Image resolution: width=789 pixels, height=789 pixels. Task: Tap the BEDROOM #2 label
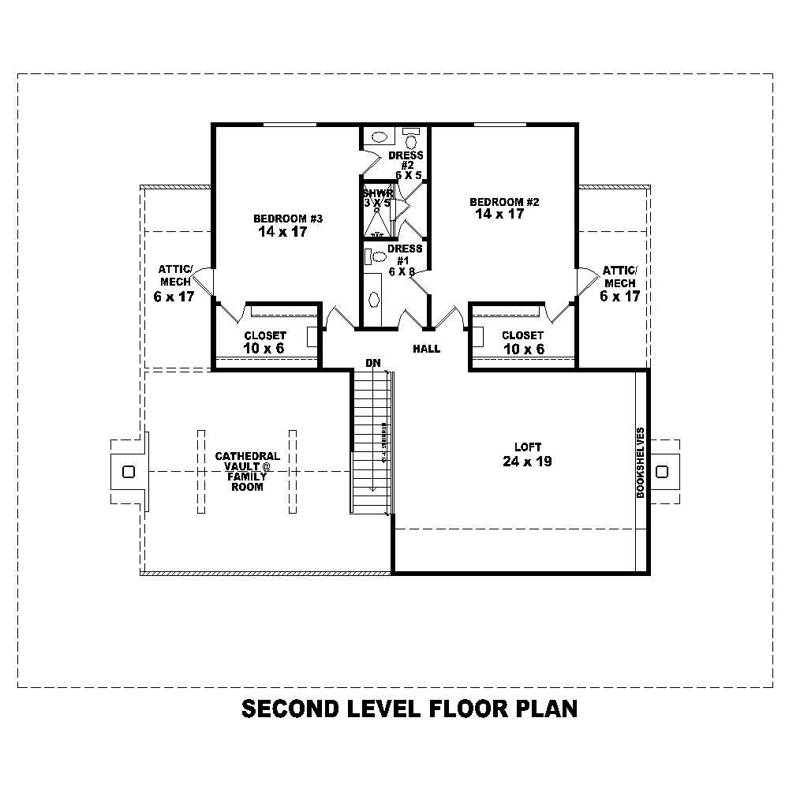click(x=503, y=202)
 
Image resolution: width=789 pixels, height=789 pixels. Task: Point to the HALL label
click(x=427, y=349)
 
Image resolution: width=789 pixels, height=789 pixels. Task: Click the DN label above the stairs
click(x=373, y=363)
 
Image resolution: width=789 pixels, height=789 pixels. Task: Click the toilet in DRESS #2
click(x=410, y=141)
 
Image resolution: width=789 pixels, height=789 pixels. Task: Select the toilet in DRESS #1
click(x=378, y=256)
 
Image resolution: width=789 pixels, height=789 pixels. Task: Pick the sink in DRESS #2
click(x=377, y=136)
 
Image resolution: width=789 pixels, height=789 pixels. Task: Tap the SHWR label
click(x=376, y=193)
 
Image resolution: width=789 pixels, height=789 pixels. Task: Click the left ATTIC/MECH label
click(x=174, y=276)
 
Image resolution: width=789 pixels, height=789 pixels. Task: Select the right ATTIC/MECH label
click(x=619, y=276)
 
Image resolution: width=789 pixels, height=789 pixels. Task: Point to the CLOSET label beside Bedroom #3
click(x=265, y=335)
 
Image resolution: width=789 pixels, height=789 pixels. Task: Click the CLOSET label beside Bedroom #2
click(x=522, y=335)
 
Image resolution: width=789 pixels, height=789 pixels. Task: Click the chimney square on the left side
click(x=128, y=472)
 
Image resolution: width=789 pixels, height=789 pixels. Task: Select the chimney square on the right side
click(x=661, y=472)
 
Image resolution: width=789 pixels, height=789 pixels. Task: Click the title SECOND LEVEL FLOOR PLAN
click(x=409, y=709)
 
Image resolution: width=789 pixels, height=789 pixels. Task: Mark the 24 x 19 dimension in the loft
click(x=527, y=462)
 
